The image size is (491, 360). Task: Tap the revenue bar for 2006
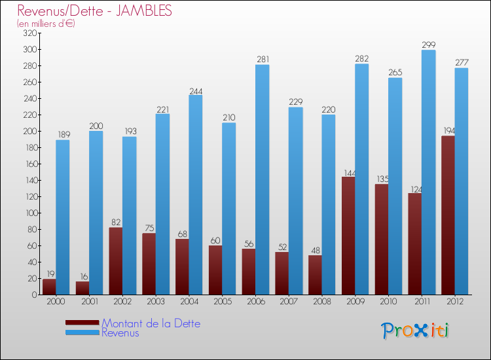pyautogui.click(x=263, y=179)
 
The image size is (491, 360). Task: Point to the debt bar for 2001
pyautogui.click(x=82, y=287)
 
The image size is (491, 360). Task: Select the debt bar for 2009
pyautogui.click(x=348, y=236)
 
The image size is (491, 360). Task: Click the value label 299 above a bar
pyautogui.click(x=429, y=45)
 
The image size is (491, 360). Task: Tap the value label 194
pyautogui.click(x=448, y=131)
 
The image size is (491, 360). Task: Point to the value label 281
pyautogui.click(x=263, y=60)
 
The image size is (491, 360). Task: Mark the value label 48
pyautogui.click(x=315, y=250)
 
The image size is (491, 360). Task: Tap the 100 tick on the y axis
pyautogui.click(x=30, y=213)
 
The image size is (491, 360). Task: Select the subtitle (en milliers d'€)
pyautogui.click(x=46, y=24)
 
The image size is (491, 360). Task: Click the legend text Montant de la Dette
pyautogui.click(x=151, y=323)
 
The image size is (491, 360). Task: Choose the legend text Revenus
pyautogui.click(x=120, y=333)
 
